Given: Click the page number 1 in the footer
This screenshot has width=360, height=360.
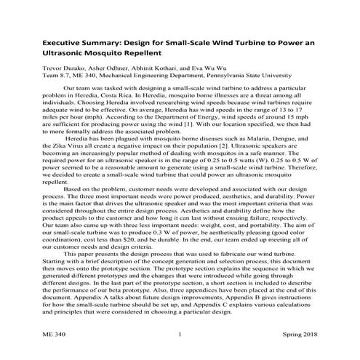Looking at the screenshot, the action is coord(180,335).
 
